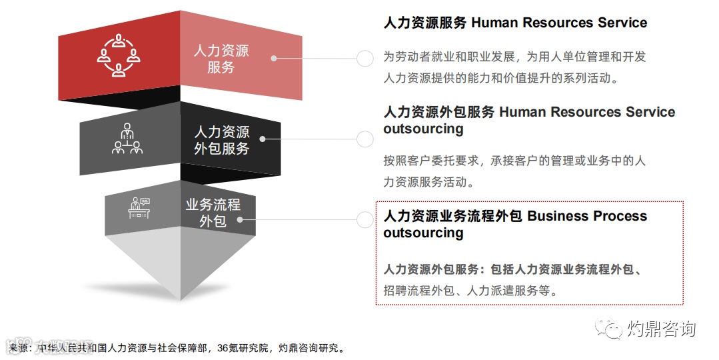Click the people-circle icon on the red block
119,55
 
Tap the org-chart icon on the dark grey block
127,139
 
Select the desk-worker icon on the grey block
139,208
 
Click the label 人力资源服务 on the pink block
221,59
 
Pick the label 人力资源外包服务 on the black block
221,140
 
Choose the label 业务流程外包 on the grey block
213,212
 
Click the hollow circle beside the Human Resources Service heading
365,58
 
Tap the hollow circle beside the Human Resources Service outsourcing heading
365,139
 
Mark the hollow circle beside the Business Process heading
365,220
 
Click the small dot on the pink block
273,58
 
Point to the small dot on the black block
263,139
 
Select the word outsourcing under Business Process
423,233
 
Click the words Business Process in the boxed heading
587,216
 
